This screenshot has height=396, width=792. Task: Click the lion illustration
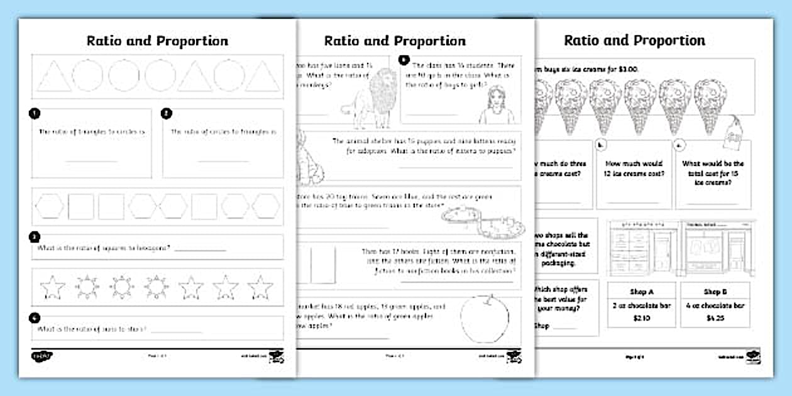[371, 97]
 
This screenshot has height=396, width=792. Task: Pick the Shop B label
[715, 292]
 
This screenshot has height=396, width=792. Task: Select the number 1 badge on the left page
[35, 114]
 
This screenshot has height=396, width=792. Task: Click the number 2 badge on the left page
[166, 114]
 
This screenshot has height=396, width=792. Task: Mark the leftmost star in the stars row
[52, 287]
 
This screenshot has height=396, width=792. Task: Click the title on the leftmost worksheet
[157, 41]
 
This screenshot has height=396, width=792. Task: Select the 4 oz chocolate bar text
[715, 306]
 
